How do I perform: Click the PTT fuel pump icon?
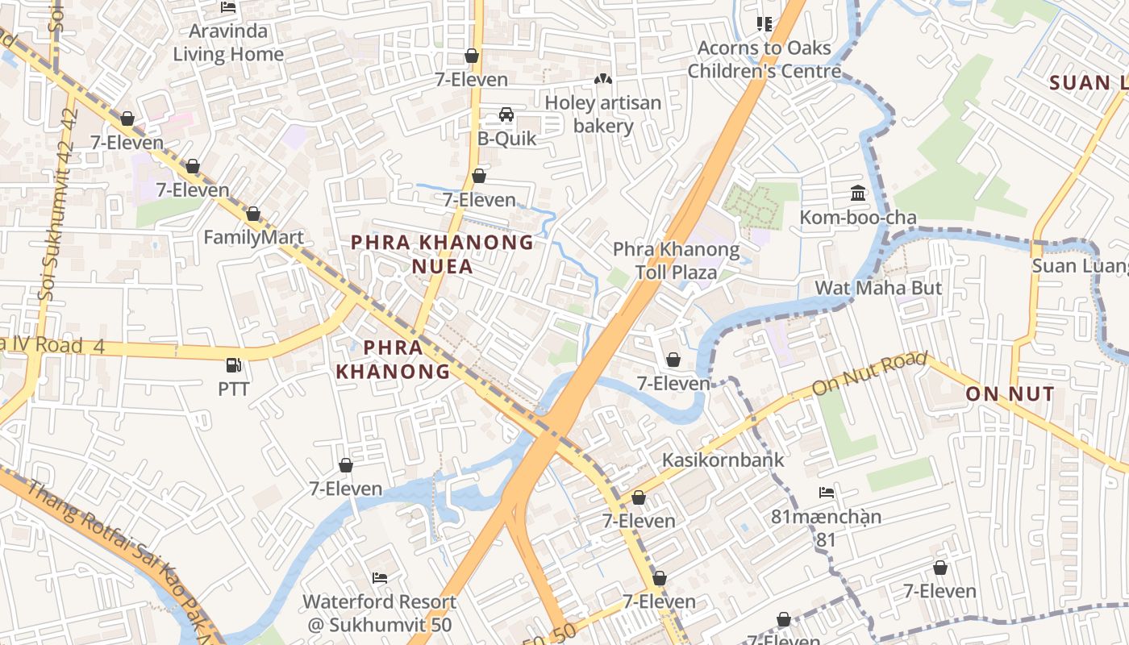[233, 365]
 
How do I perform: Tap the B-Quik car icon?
[506, 114]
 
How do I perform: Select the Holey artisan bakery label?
[603, 114]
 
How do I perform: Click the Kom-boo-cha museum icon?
[858, 193]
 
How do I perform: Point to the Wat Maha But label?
[878, 288]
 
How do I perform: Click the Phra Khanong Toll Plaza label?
[676, 260]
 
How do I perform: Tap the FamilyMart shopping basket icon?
[253, 214]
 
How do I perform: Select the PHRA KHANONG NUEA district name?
[443, 254]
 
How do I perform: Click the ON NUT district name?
[1010, 393]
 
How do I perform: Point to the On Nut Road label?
[869, 374]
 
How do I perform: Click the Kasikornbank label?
[723, 460]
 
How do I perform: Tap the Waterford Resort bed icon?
[379, 578]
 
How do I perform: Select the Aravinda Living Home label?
[228, 43]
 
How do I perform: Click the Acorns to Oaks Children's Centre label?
[764, 60]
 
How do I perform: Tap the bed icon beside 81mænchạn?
[827, 493]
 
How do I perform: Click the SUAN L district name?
[1089, 82]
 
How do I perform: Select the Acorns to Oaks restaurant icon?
[764, 24]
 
